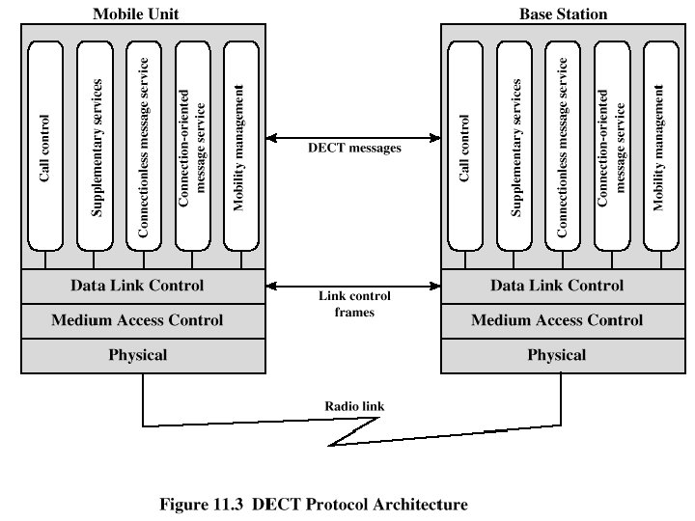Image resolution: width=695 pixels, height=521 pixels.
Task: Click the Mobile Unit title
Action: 136,14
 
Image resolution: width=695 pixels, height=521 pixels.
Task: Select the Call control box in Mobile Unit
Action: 44,145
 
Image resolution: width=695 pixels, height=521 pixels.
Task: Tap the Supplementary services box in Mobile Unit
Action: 95,145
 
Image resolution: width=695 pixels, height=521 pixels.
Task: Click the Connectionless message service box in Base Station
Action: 562,145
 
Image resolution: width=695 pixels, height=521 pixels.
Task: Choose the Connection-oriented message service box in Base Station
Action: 611,145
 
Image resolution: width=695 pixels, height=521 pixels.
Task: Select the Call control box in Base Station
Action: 464,145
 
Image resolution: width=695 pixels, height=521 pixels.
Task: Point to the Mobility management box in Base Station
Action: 659,145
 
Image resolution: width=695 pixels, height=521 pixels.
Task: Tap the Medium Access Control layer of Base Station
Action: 557,320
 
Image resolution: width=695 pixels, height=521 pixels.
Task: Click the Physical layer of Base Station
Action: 557,355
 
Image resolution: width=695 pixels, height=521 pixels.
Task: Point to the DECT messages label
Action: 353,149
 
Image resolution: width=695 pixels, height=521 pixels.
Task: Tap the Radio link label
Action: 353,406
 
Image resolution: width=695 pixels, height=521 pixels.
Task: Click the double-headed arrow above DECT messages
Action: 353,135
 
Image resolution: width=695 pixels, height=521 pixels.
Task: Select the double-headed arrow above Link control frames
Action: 353,286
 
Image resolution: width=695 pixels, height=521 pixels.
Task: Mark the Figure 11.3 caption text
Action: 313,504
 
